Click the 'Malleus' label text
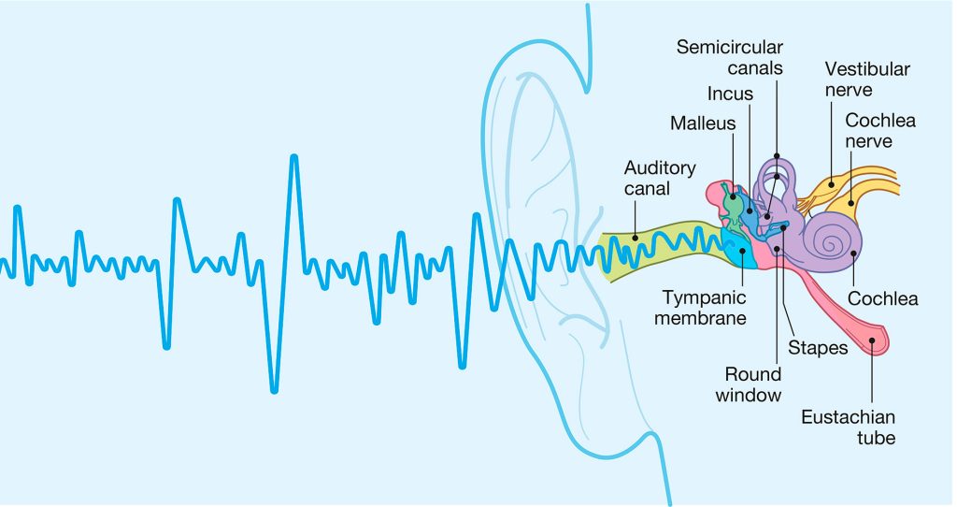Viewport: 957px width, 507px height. [703, 123]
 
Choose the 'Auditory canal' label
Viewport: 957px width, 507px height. [660, 178]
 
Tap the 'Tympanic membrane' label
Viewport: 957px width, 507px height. [705, 308]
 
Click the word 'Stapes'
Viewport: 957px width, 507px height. [817, 348]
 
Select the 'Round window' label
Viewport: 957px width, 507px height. [748, 384]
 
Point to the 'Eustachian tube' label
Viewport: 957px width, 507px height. [848, 427]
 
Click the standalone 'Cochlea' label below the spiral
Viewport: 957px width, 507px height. [882, 299]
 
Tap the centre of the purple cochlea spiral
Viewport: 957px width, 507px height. [829, 242]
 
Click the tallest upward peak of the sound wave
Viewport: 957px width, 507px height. [294, 157]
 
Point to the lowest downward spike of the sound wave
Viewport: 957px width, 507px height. [274, 390]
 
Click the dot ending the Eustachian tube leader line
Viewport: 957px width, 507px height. [872, 341]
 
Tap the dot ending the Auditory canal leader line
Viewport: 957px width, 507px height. [636, 238]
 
